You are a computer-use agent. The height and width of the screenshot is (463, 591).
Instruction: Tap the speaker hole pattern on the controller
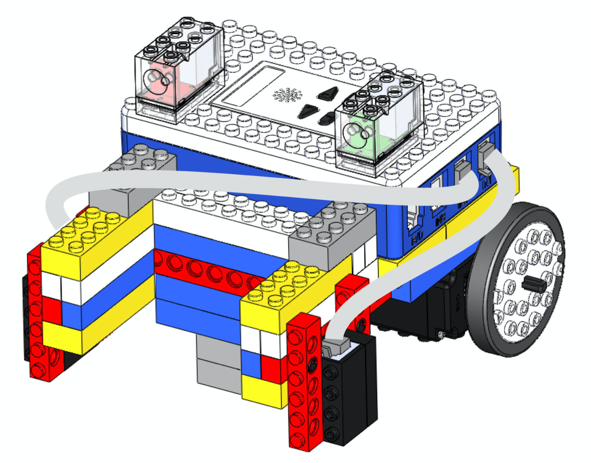coord(286,95)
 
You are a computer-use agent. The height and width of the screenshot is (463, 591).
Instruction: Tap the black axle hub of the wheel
coord(532,284)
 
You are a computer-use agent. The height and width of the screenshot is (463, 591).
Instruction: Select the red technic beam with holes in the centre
coord(207,270)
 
